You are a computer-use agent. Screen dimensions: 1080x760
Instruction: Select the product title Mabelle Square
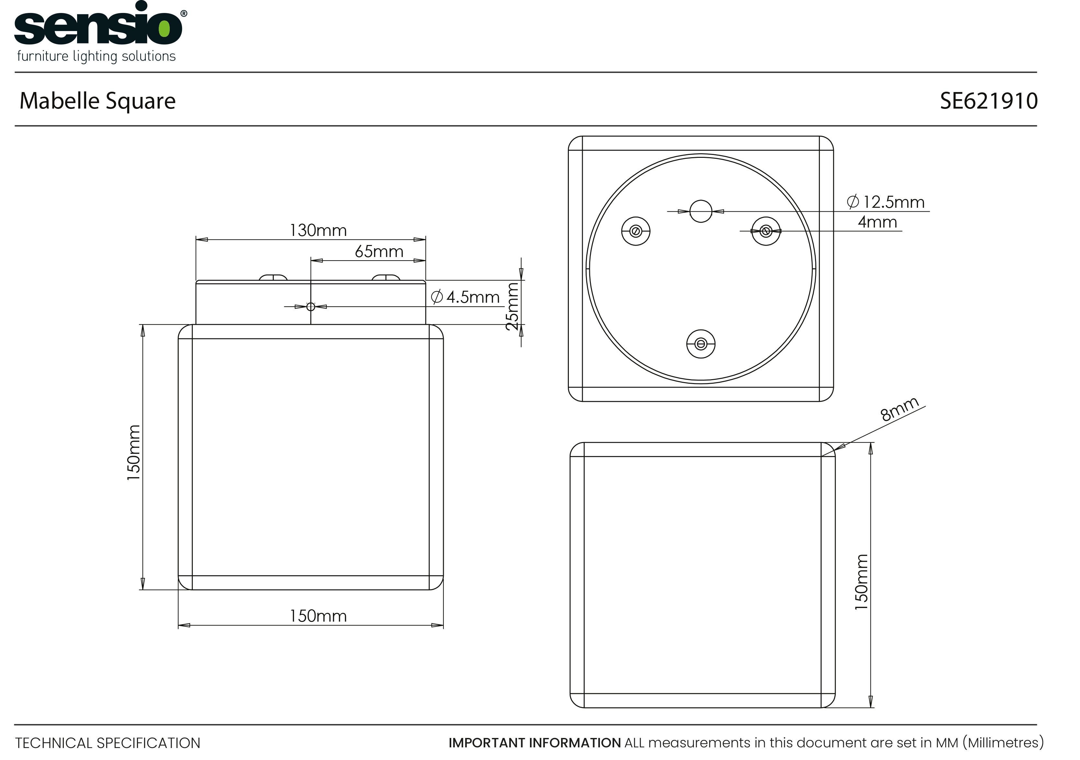pyautogui.click(x=98, y=101)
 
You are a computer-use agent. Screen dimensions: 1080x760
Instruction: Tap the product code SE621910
pyautogui.click(x=989, y=101)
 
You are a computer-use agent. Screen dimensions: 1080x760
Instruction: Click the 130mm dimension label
pyautogui.click(x=318, y=230)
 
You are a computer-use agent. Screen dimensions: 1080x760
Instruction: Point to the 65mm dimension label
pyautogui.click(x=379, y=251)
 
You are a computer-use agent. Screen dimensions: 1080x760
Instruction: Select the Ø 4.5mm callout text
pyautogui.click(x=465, y=297)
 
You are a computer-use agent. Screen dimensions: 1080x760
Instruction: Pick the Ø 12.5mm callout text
pyautogui.click(x=886, y=202)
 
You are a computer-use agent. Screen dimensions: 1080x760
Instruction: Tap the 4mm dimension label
pyautogui.click(x=877, y=222)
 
